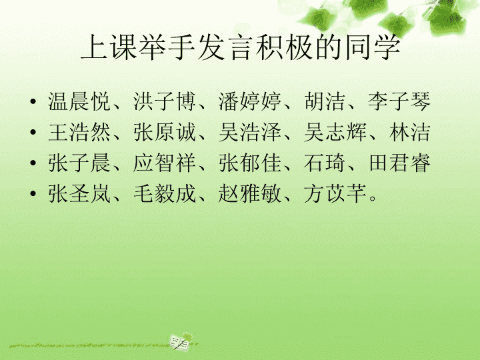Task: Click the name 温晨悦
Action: click(79, 101)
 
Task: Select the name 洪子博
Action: click(165, 101)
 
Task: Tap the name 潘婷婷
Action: click(250, 101)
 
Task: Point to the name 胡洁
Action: click(325, 101)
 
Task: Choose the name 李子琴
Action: click(399, 101)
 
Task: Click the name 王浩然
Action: click(79, 132)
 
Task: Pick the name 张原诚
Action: click(165, 132)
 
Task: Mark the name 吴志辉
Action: click(335, 132)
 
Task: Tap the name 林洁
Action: click(410, 132)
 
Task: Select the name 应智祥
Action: click(165, 163)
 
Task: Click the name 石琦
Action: click(325, 163)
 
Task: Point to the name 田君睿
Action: click(399, 163)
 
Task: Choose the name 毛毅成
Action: click(165, 193)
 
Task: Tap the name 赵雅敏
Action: click(250, 193)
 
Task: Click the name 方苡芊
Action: click(335, 193)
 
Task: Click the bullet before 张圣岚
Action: click(33, 193)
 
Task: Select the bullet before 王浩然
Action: click(33, 132)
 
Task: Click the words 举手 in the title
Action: click(167, 47)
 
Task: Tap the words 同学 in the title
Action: click(373, 47)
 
